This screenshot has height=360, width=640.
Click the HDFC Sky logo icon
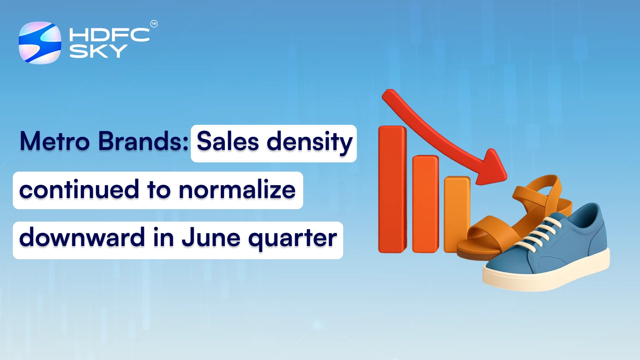(40, 43)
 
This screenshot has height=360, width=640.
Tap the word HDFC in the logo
(109, 35)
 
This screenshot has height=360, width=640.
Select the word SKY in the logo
(98, 51)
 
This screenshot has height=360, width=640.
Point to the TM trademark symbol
(154, 24)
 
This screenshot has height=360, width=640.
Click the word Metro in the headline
(55, 141)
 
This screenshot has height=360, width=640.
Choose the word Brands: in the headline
(143, 141)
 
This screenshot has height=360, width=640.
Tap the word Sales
(228, 142)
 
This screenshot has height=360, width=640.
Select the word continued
(79, 190)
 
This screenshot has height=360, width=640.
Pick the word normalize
(237, 190)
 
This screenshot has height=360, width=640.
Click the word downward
(82, 238)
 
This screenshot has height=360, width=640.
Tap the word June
(211, 238)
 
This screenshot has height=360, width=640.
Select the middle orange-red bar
(425, 204)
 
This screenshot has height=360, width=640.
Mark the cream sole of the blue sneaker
(548, 276)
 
